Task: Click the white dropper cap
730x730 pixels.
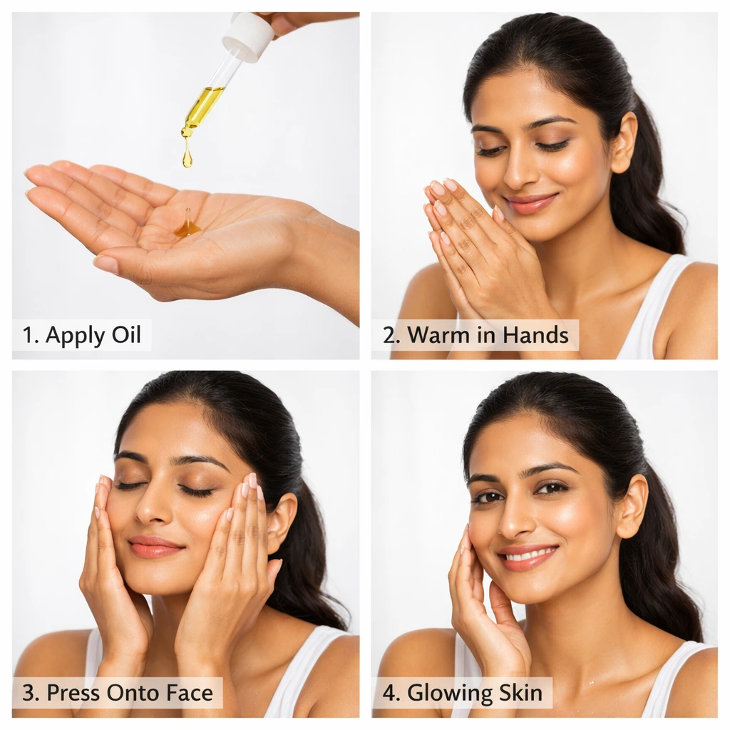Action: pos(248,36)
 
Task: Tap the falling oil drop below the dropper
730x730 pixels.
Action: pos(187,156)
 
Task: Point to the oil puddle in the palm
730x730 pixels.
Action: pos(187,227)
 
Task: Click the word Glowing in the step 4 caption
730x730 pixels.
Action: pos(449,692)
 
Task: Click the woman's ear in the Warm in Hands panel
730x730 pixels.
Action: pos(624,143)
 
